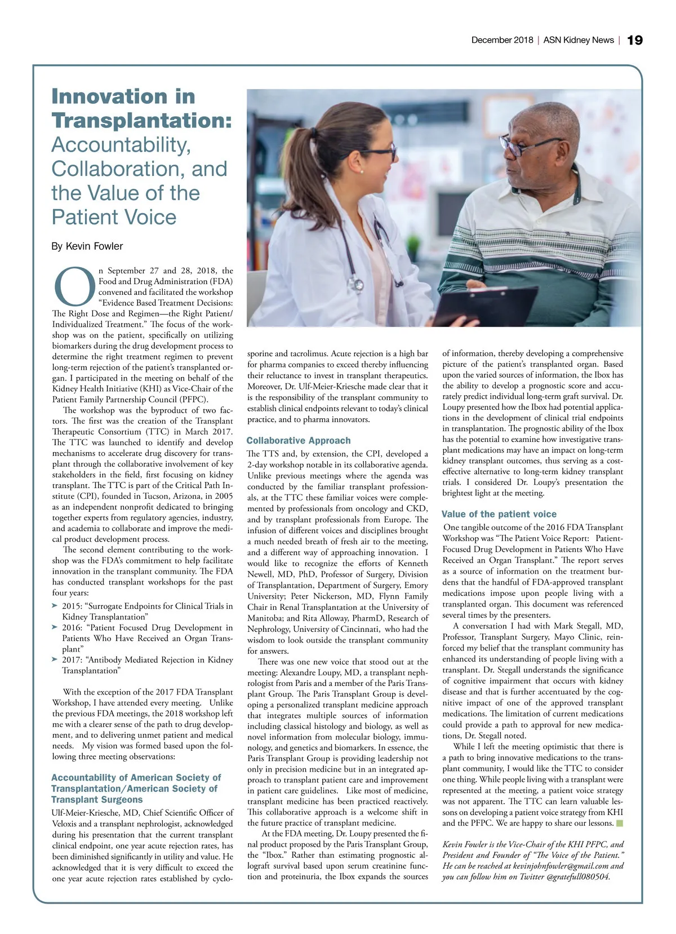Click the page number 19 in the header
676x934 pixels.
[634, 40]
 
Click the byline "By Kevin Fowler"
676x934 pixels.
[87, 246]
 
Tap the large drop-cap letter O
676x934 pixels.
[74, 286]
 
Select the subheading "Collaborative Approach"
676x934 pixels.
[299, 441]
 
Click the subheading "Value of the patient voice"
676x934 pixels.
[499, 514]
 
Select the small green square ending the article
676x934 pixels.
[620, 824]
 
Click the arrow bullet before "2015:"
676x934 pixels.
[55, 605]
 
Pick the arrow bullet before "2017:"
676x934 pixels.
[55, 659]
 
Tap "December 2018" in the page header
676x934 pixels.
[502, 40]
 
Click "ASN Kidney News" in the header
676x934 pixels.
[578, 40]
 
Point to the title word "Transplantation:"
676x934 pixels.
[141, 121]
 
